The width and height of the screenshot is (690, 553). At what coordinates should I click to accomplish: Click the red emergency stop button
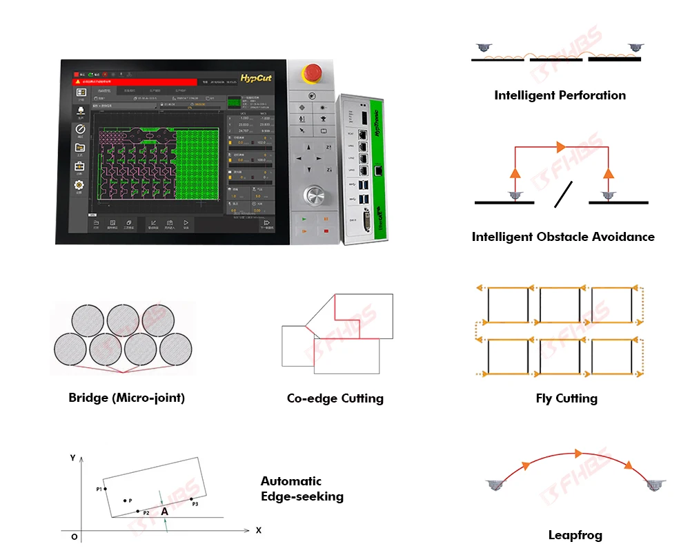point(313,71)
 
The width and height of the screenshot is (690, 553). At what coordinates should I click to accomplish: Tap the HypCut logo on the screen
point(256,78)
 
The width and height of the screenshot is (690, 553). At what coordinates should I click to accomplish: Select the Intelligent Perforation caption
point(560,95)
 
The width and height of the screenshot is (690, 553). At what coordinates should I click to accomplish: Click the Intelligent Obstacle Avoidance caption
point(563,237)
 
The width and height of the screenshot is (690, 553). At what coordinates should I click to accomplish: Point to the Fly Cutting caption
point(566,398)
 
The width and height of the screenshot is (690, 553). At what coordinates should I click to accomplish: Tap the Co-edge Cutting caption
point(335,398)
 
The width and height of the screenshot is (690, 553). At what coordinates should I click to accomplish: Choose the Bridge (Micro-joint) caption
point(126,398)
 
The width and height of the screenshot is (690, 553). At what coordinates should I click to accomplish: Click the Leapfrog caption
point(575,535)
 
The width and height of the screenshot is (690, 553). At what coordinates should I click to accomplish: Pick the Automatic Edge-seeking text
point(302,489)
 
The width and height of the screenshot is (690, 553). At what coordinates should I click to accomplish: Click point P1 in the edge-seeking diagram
point(105,489)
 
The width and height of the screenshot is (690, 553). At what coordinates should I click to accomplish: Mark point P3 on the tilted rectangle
point(192,498)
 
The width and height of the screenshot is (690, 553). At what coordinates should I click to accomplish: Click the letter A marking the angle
point(164,512)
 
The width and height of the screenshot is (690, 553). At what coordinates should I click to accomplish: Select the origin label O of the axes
point(74,536)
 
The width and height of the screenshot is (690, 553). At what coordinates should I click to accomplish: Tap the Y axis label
point(72,458)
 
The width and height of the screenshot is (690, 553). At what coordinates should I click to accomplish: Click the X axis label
point(259,530)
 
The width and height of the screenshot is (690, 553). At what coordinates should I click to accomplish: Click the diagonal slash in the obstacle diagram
point(563,195)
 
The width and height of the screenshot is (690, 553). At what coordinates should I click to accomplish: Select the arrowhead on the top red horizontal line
point(560,147)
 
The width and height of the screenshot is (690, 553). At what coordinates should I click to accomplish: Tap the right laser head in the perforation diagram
point(635,48)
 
